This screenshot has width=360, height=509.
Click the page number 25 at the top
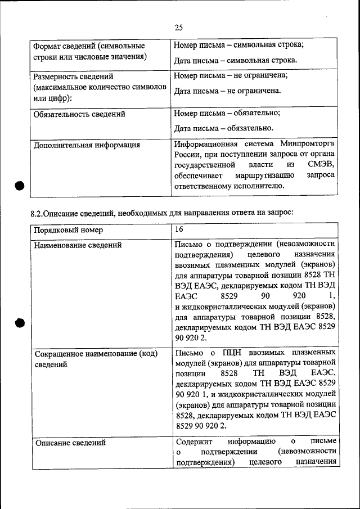179,28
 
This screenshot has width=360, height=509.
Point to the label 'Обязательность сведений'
79,114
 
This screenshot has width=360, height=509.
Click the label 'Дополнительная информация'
87,145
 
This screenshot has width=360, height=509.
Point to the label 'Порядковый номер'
68,231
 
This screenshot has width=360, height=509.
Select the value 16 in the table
179,229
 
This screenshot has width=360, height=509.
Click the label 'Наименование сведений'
78,245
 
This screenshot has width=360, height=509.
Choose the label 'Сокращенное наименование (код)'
96,354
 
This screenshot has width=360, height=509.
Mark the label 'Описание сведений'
70,443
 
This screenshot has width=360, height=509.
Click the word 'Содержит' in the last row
193,442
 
